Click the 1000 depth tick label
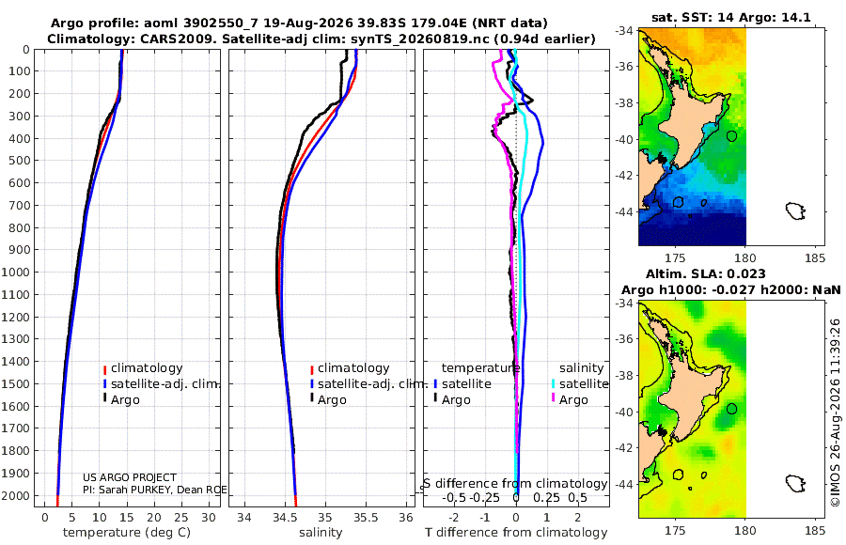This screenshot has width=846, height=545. [x=15, y=272]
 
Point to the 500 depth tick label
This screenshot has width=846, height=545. [x=19, y=161]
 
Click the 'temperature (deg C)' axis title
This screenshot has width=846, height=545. [x=127, y=533]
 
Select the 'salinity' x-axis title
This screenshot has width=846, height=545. [x=321, y=533]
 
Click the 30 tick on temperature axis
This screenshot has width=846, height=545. [x=209, y=518]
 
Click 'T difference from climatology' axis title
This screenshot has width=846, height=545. [x=516, y=533]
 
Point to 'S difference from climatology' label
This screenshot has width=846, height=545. [x=515, y=484]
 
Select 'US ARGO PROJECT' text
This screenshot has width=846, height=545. [x=130, y=477]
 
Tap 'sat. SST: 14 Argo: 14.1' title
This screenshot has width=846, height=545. [x=731, y=17]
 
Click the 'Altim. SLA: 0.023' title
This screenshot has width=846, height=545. [x=706, y=273]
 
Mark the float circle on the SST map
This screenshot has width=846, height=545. [x=731, y=136]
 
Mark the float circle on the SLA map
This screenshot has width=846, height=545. [x=731, y=409]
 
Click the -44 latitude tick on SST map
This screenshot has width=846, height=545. [x=624, y=211]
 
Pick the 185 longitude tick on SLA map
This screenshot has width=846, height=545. [x=815, y=530]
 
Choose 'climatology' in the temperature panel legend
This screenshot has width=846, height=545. [x=147, y=368]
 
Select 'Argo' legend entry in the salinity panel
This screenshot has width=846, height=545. [x=332, y=400]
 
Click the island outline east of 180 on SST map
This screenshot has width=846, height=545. [x=795, y=210]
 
